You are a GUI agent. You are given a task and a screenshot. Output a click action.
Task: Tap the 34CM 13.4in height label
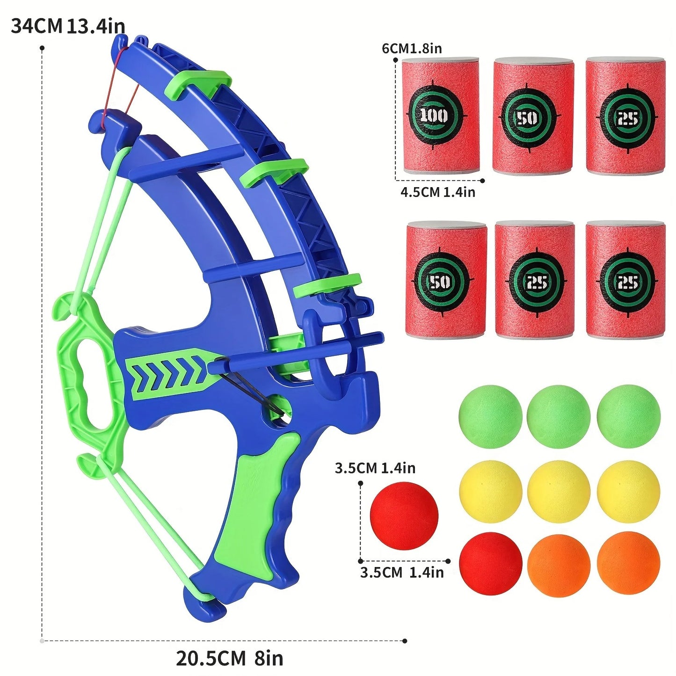pos(68,26)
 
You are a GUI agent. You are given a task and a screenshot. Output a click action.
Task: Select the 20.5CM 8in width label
pos(229,658)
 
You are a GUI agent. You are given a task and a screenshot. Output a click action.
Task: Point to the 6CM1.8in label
pos(412,48)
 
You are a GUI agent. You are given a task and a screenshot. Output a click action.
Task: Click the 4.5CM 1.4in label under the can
pos(437,192)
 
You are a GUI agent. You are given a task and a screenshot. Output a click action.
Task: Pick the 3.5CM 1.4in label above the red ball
pos(375,468)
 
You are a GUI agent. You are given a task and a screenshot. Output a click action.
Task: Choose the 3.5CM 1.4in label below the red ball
pos(401,572)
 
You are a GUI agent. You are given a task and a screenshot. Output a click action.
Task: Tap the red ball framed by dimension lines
pos(404,516)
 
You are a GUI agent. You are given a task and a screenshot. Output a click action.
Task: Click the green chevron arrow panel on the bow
pos(168,374)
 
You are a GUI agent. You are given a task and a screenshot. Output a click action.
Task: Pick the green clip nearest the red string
pos(199,82)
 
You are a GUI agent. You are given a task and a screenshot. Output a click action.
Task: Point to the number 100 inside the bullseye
pos(434,115)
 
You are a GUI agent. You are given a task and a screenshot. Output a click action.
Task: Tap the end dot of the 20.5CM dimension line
pos(405,640)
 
